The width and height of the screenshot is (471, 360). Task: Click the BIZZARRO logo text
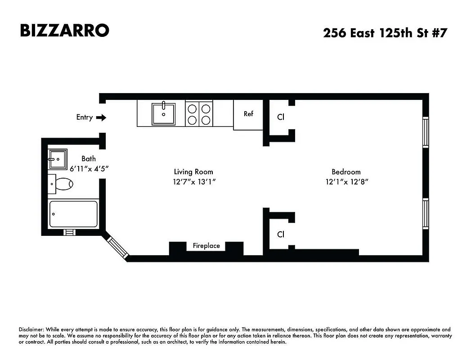[64, 30]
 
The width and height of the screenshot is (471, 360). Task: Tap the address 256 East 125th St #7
[385, 33]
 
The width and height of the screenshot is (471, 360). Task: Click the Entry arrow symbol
[102, 117]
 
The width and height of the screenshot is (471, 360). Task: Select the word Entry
[84, 117]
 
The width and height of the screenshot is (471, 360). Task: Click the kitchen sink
[163, 113]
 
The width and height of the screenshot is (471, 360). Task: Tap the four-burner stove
[199, 114]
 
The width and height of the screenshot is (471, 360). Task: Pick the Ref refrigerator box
[248, 115]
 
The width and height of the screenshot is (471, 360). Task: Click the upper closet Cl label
[281, 117]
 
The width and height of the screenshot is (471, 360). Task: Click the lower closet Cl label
[281, 234]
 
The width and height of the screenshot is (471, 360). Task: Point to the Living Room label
[193, 171]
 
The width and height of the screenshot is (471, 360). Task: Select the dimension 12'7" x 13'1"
[193, 182]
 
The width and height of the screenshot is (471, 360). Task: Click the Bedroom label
[346, 171]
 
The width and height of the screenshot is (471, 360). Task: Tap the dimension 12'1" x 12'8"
[346, 182]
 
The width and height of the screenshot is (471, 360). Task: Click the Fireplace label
[206, 246]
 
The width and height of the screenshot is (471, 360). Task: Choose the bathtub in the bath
[73, 214]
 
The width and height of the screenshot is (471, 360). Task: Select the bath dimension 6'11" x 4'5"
[89, 168]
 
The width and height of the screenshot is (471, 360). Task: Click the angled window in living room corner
[116, 246]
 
